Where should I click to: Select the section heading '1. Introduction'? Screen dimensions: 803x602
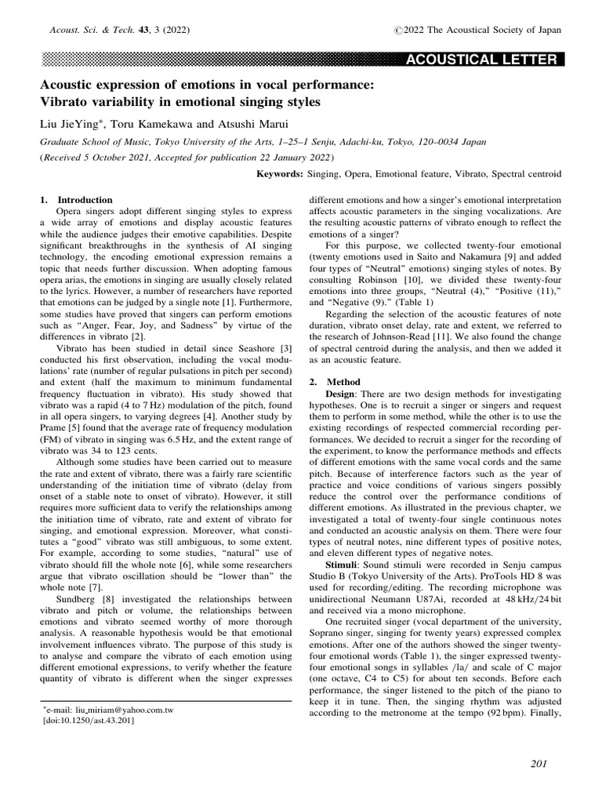(x=76, y=200)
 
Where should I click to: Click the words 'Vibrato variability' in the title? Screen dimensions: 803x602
(x=98, y=101)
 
